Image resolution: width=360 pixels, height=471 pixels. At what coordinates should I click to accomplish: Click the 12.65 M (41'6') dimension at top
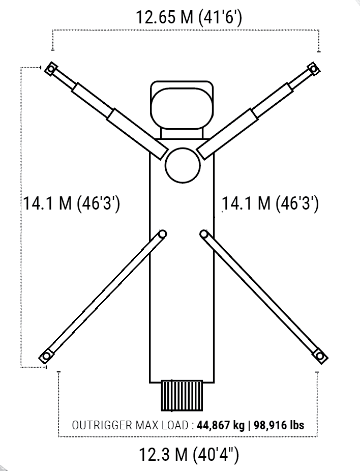click(189, 17)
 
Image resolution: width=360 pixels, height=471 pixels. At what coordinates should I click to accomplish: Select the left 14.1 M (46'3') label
click(72, 203)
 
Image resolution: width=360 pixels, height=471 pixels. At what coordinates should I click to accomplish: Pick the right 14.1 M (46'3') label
click(270, 203)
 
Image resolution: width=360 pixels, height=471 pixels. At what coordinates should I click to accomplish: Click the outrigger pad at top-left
click(51, 69)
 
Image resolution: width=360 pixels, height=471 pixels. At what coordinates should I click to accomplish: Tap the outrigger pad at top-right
click(313, 69)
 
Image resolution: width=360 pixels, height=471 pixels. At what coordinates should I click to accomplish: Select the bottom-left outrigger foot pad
click(46, 357)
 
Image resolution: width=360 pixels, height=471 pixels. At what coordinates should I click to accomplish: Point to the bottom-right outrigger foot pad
click(320, 357)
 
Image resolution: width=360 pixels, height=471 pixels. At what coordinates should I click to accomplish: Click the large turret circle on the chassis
click(183, 165)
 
